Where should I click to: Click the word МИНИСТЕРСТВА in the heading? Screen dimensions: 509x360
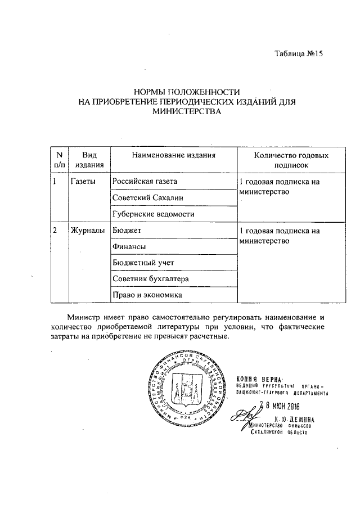coord(187,111)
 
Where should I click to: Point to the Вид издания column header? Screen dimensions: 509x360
coord(89,160)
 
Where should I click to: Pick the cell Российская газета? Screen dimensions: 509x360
coord(145,182)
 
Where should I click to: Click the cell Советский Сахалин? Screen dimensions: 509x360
coord(147,198)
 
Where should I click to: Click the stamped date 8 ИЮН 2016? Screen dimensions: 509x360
coord(281,406)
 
